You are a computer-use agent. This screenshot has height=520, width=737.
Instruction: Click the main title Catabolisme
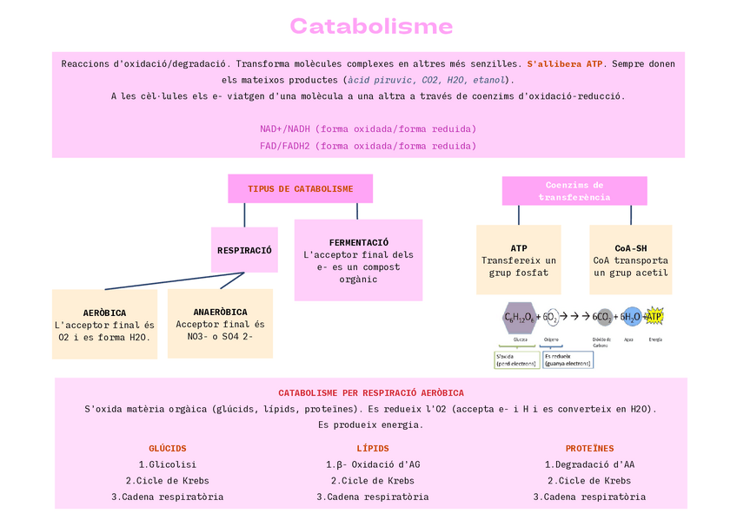tap(371, 26)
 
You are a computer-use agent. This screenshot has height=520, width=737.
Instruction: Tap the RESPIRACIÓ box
tap(244, 250)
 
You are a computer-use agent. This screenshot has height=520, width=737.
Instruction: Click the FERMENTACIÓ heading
tap(358, 242)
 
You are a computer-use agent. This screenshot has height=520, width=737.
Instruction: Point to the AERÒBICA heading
tap(104, 313)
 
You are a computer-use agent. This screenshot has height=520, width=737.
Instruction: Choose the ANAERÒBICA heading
tap(220, 312)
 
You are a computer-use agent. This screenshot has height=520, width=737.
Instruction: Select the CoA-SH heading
tap(630, 248)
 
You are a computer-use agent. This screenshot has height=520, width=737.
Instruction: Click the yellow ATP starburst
tap(654, 317)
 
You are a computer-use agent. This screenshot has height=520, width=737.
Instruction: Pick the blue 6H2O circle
tap(631, 318)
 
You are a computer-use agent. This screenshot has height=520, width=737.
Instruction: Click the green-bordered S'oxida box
tap(516, 359)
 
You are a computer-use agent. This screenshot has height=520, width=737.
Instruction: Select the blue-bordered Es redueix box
tap(567, 359)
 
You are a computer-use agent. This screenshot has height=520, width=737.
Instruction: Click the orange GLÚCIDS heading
tap(167, 449)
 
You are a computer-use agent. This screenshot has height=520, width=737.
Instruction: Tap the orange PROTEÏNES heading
tap(589, 449)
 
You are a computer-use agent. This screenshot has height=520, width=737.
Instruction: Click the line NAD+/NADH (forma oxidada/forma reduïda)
tap(368, 128)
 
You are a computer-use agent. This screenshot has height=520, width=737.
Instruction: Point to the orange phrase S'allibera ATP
tap(565, 64)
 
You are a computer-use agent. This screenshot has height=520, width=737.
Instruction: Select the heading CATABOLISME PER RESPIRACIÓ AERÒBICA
tap(371, 393)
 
